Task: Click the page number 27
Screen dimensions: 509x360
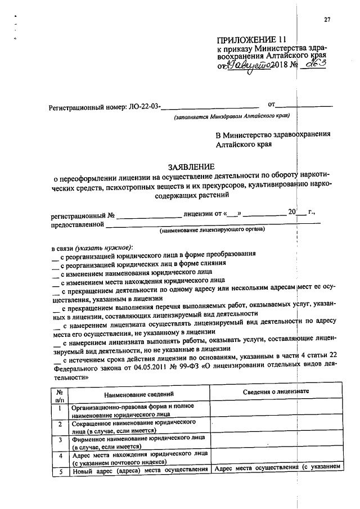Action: pyautogui.click(x=327, y=21)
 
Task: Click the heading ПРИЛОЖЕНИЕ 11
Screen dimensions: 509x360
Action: pyautogui.click(x=252, y=40)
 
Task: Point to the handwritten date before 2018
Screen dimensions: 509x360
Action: pyautogui.click(x=250, y=66)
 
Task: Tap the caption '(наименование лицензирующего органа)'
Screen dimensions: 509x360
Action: pyautogui.click(x=211, y=230)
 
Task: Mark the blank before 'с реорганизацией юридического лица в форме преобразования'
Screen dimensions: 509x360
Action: pyautogui.click(x=55, y=256)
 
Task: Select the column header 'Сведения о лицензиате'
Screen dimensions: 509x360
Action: pyautogui.click(x=276, y=391)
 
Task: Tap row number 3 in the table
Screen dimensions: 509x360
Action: pyautogui.click(x=60, y=440)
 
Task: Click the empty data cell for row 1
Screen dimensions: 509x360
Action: pyautogui.click(x=276, y=409)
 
